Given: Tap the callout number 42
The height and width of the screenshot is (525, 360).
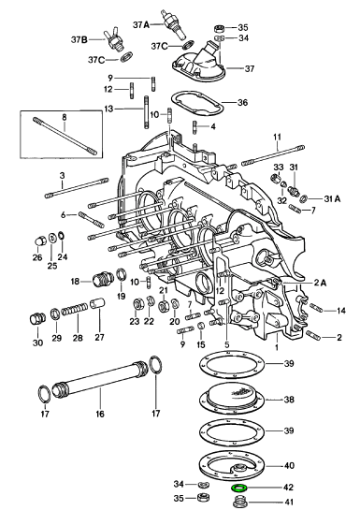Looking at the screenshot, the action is [288, 488].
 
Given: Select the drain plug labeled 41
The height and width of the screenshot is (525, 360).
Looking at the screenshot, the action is [238, 502].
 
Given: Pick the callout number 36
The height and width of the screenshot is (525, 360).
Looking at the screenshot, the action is [242, 102].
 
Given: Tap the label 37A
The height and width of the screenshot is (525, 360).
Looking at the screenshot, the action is [141, 24].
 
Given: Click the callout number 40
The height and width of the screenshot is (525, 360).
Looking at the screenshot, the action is [288, 465].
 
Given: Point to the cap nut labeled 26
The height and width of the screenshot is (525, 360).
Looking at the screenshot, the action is [40, 241].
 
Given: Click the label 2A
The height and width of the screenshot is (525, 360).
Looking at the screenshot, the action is [320, 283].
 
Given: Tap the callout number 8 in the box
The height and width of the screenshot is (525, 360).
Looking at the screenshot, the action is [65, 117].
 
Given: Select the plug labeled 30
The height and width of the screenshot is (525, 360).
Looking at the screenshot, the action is [36, 318].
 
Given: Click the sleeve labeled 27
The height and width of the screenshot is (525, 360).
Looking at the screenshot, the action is [99, 304].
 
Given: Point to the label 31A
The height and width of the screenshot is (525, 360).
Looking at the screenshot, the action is [332, 198].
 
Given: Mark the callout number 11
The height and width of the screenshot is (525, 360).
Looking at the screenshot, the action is [278, 138].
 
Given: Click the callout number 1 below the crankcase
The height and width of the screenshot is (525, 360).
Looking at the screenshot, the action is [277, 347].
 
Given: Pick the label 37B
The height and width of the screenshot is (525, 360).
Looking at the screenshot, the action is [79, 40].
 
